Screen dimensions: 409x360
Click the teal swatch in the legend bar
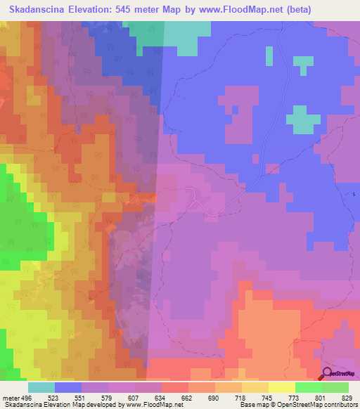click(41, 388)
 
